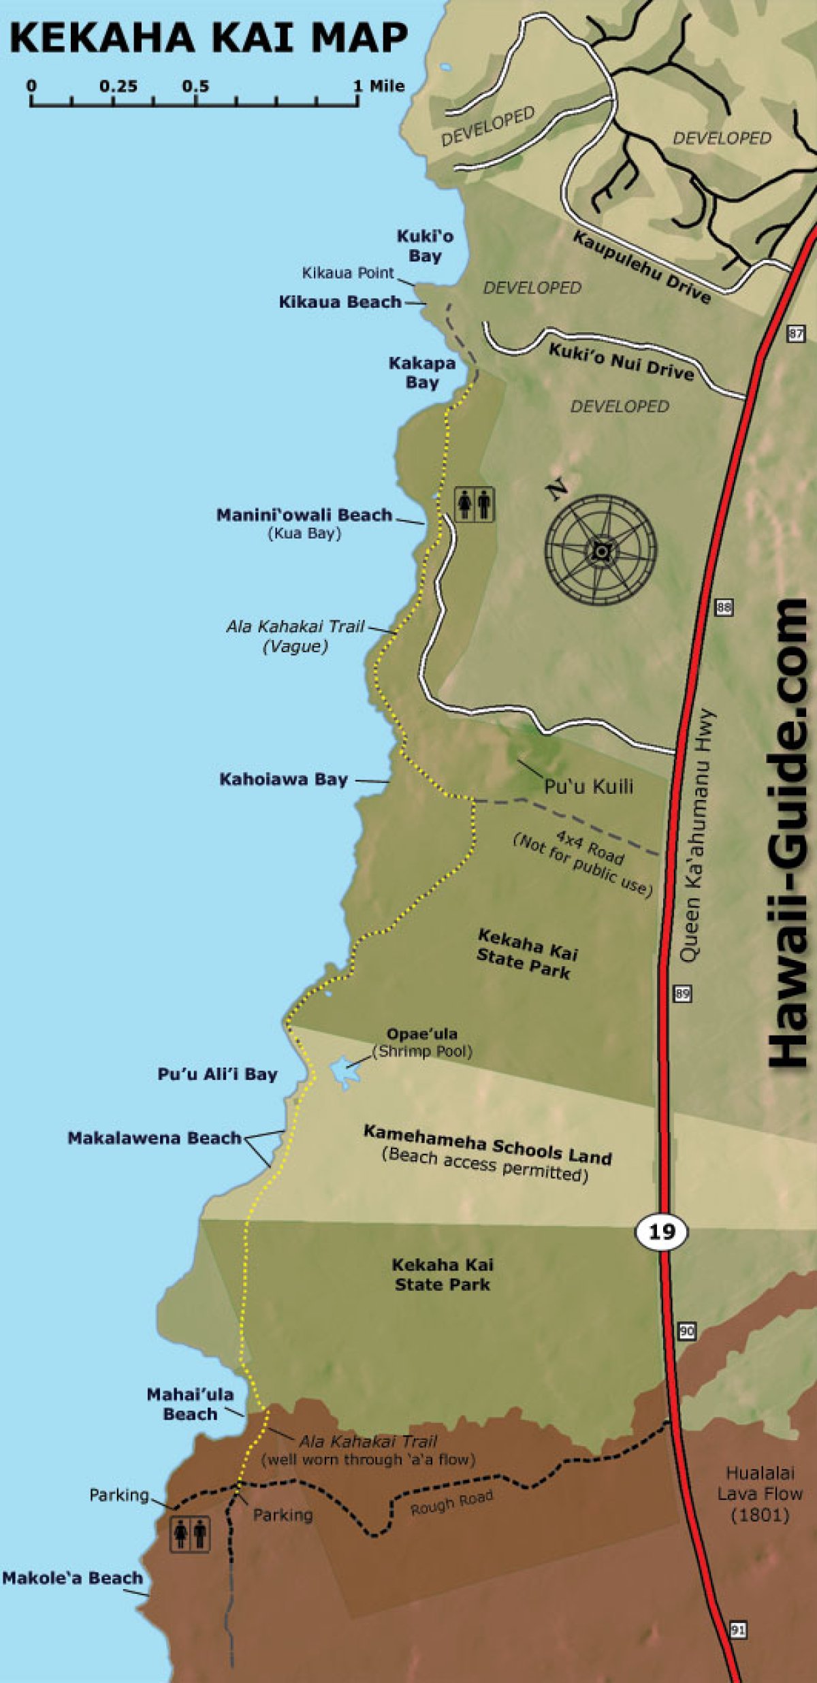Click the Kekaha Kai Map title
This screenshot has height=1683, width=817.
click(208, 37)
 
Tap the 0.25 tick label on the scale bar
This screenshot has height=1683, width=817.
click(118, 86)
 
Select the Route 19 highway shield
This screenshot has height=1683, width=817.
click(662, 1231)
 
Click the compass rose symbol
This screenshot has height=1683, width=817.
click(600, 550)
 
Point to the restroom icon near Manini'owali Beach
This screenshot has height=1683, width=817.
click(475, 504)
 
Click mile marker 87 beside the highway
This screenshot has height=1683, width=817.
click(796, 333)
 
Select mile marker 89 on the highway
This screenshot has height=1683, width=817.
click(682, 993)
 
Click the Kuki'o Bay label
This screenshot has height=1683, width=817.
click(425, 246)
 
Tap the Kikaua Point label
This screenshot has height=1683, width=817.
click(348, 273)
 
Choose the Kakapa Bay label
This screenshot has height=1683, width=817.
click(422, 372)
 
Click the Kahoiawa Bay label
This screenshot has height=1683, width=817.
click(283, 779)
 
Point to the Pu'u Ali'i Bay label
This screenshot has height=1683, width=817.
click(217, 1074)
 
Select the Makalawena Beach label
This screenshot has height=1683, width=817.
click(155, 1138)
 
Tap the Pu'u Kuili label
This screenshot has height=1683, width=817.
click(588, 786)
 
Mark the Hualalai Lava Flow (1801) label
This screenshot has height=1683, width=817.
click(759, 1494)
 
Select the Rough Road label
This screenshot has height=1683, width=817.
click(451, 1503)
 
